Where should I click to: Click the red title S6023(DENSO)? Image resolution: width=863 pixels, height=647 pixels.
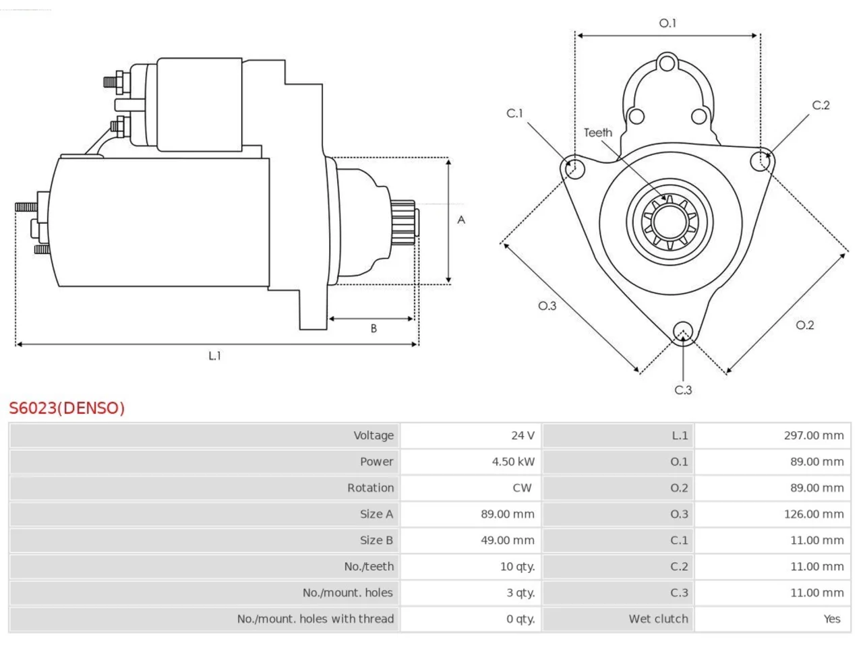click(x=67, y=408)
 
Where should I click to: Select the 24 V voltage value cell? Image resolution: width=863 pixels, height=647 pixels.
click(x=523, y=435)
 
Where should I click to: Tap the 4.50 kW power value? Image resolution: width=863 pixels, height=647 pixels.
click(x=513, y=462)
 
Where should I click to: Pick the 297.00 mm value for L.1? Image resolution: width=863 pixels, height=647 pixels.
click(x=814, y=435)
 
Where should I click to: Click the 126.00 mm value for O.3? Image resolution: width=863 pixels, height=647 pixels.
click(x=814, y=514)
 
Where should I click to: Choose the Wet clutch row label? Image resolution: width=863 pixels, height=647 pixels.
click(x=658, y=619)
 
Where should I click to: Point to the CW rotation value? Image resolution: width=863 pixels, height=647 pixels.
click(x=522, y=487)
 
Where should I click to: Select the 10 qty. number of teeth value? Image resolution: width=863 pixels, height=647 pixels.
click(x=517, y=567)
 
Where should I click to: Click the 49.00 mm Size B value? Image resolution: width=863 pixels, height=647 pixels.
click(x=507, y=540)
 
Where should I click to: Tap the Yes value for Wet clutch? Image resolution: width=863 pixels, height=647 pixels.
click(x=832, y=619)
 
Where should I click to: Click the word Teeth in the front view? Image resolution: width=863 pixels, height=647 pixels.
click(x=597, y=133)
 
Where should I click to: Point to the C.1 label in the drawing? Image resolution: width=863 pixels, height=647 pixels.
click(x=514, y=113)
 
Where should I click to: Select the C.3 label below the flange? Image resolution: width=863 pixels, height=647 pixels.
click(x=683, y=390)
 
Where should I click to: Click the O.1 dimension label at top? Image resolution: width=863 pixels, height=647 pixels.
click(x=667, y=23)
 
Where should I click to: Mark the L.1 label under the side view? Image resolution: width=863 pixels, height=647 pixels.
click(x=214, y=356)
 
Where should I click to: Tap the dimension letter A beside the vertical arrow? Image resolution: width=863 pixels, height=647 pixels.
click(x=460, y=220)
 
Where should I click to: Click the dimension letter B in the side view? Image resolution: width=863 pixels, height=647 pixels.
click(x=374, y=328)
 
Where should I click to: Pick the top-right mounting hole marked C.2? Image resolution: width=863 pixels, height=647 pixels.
click(x=760, y=161)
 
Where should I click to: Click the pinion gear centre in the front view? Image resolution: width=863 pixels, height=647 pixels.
click(x=669, y=222)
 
